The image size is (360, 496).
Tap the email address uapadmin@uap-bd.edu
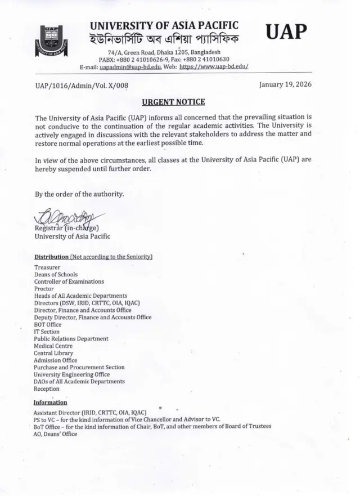[x=130, y=66]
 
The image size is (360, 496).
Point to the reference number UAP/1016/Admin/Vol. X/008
[x=82, y=85]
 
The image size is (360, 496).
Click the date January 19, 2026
[x=285, y=84]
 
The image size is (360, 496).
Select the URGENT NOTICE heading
[x=173, y=102]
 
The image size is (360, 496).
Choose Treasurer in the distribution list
[x=47, y=267]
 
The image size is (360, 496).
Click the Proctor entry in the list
[x=44, y=288]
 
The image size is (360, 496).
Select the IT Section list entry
[x=47, y=332]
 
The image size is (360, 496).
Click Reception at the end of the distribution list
[x=47, y=388]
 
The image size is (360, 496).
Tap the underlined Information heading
[x=50, y=403]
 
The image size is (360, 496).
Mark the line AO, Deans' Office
[x=55, y=434]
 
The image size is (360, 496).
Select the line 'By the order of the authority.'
[x=79, y=194]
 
